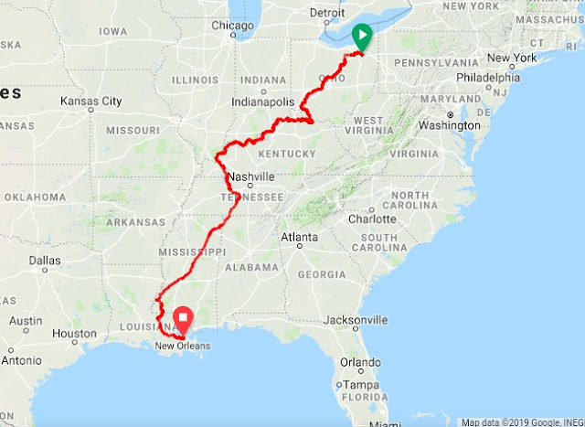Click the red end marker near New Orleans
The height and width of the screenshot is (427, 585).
click(x=183, y=320)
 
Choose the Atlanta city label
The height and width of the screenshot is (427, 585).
click(x=299, y=238)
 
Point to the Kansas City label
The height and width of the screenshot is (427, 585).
click(x=91, y=101)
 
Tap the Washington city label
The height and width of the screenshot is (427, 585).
click(x=450, y=125)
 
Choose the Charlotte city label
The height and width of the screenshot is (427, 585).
click(x=372, y=219)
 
